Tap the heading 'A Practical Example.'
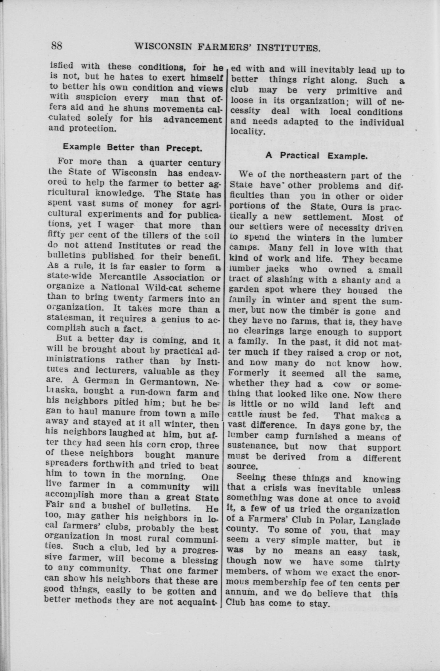[x=317, y=156]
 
